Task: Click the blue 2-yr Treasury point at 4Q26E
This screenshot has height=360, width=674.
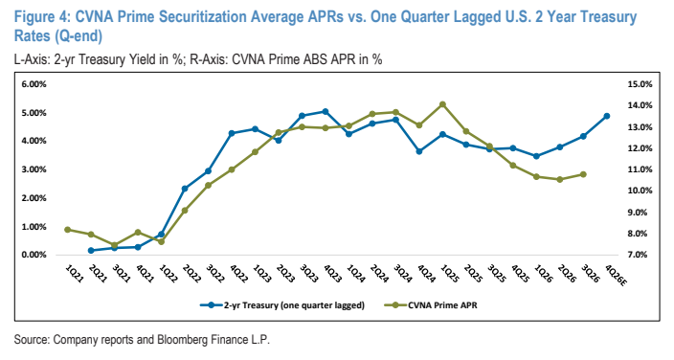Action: coord(607,116)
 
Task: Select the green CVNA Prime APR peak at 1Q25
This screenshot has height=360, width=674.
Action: coord(442,104)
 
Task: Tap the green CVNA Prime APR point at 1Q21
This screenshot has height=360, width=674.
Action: coord(67,230)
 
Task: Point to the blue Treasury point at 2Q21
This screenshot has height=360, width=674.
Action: coord(91,250)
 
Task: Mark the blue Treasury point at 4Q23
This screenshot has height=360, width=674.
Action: coord(326,112)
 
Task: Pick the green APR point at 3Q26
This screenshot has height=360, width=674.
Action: coord(583,174)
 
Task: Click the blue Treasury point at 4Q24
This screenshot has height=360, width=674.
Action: coord(419,151)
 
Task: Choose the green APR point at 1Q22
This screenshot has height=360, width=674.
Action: coord(161,241)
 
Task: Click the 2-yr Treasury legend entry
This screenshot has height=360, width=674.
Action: coord(282,305)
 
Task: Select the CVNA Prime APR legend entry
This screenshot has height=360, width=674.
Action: coord(430,305)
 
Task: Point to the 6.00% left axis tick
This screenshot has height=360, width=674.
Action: coord(34,84)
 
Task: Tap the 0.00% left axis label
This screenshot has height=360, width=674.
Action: coord(34,255)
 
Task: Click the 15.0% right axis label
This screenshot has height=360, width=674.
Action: coord(640,84)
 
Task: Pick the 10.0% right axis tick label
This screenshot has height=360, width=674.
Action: coord(640,191)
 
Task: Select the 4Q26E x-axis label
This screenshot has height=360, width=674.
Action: coord(617,276)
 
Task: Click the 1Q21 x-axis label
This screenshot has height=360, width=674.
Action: coord(74,274)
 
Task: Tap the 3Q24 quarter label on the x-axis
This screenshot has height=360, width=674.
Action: coord(402,274)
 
